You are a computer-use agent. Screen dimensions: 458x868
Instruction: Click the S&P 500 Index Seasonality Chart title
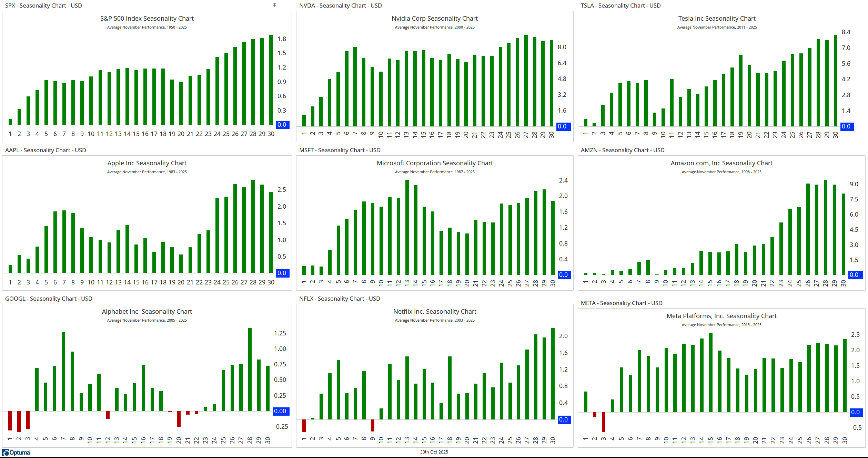point(147,19)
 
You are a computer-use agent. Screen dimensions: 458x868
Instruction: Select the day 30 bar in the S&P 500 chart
point(271,80)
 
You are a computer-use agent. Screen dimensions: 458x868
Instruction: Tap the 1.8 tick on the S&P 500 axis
point(282,39)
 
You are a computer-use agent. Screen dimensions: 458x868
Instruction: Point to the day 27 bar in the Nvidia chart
point(526,81)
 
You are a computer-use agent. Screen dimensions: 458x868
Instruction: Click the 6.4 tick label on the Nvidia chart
point(562,63)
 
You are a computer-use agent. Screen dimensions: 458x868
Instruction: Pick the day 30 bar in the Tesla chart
point(835,81)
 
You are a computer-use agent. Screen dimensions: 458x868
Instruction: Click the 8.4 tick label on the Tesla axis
point(846,32)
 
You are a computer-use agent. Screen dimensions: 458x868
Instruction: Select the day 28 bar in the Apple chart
point(253,226)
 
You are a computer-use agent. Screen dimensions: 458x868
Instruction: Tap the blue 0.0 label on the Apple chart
point(282,273)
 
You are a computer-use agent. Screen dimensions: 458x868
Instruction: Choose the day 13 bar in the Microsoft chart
point(407,227)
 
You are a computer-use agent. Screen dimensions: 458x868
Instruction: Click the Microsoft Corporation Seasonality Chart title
point(435,163)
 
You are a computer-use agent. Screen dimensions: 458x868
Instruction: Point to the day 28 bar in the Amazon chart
point(826,227)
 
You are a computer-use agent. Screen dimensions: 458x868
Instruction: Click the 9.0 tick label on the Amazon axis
point(854,184)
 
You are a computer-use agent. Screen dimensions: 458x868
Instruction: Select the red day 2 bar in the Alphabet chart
point(19,421)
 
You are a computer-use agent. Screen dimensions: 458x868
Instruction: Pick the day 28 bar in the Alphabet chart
point(250,369)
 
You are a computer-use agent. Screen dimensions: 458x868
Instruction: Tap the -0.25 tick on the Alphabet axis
point(281,427)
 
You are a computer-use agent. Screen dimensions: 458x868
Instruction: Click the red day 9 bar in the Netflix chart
point(373,425)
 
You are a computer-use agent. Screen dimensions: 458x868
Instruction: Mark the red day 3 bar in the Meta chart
point(604,422)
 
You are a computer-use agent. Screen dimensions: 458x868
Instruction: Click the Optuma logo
point(16,452)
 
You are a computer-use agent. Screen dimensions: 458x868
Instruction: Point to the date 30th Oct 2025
point(434,452)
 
